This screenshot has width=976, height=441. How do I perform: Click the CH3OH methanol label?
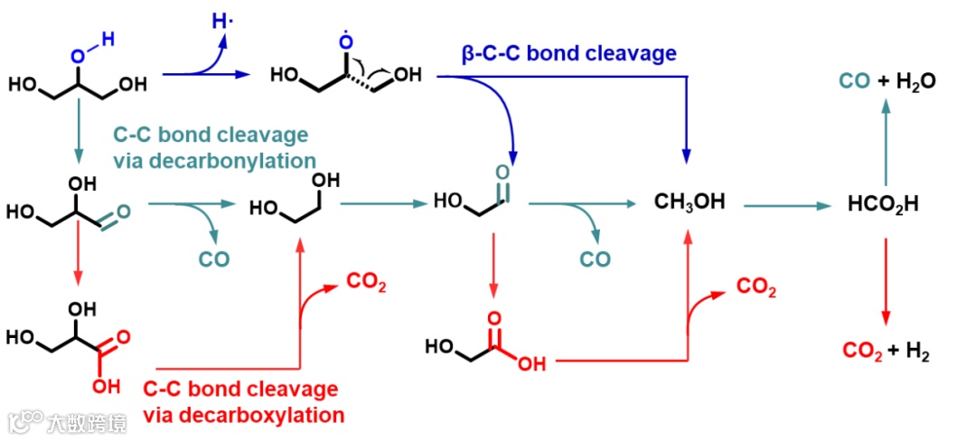pyautogui.click(x=690, y=202)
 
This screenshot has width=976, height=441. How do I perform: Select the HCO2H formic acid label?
pyautogui.click(x=883, y=203)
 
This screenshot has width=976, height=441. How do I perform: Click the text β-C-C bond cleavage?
pyautogui.click(x=568, y=53)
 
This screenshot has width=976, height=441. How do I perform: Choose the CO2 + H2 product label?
pyautogui.click(x=885, y=351)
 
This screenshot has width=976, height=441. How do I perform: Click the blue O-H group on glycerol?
pyautogui.click(x=91, y=47)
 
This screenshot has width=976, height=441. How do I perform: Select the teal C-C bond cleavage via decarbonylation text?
pyautogui.click(x=213, y=147)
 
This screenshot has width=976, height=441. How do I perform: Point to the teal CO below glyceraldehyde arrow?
pyautogui.click(x=214, y=260)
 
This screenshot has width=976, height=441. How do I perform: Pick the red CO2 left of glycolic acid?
pyautogui.click(x=366, y=285)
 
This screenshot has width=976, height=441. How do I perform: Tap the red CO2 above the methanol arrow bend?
pyautogui.click(x=756, y=286)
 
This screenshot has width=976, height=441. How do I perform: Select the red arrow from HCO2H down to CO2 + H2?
pyautogui.click(x=885, y=279)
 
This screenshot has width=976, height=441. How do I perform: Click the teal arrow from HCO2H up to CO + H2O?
pyautogui.click(x=885, y=141)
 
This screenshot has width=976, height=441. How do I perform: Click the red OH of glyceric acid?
pyautogui.click(x=105, y=387)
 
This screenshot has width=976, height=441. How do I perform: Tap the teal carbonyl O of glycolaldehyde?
pyautogui.click(x=502, y=172)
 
